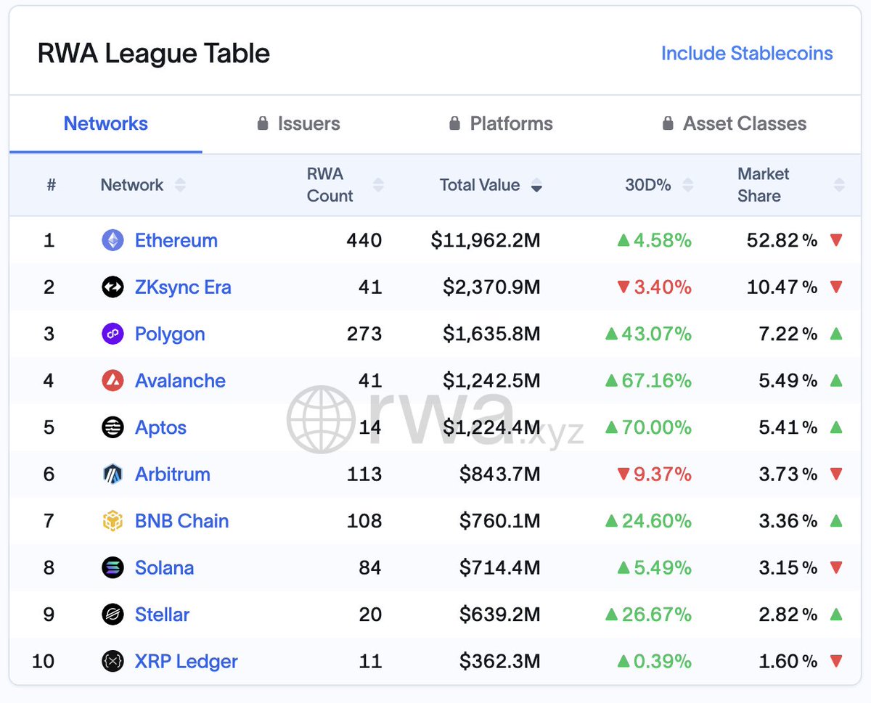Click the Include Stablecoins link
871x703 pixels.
coord(746,54)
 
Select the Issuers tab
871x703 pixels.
coord(308,124)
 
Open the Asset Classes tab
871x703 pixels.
coord(744,124)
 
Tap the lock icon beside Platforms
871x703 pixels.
coord(454,124)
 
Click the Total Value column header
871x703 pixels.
coord(480,185)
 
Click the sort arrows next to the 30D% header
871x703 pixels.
coord(688,186)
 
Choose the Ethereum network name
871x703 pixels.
coord(176,241)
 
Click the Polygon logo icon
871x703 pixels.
coord(113,334)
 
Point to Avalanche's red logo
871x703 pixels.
coord(113,381)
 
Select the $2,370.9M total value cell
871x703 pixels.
coord(491,287)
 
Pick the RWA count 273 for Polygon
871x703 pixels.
coord(364,334)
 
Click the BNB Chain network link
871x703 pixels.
coord(181,521)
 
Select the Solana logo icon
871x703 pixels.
coord(113,568)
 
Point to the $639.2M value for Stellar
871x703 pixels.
coord(499,614)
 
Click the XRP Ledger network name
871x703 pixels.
coord(186,662)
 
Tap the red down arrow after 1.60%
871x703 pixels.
coord(836,662)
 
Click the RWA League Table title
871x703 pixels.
coord(154,54)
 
